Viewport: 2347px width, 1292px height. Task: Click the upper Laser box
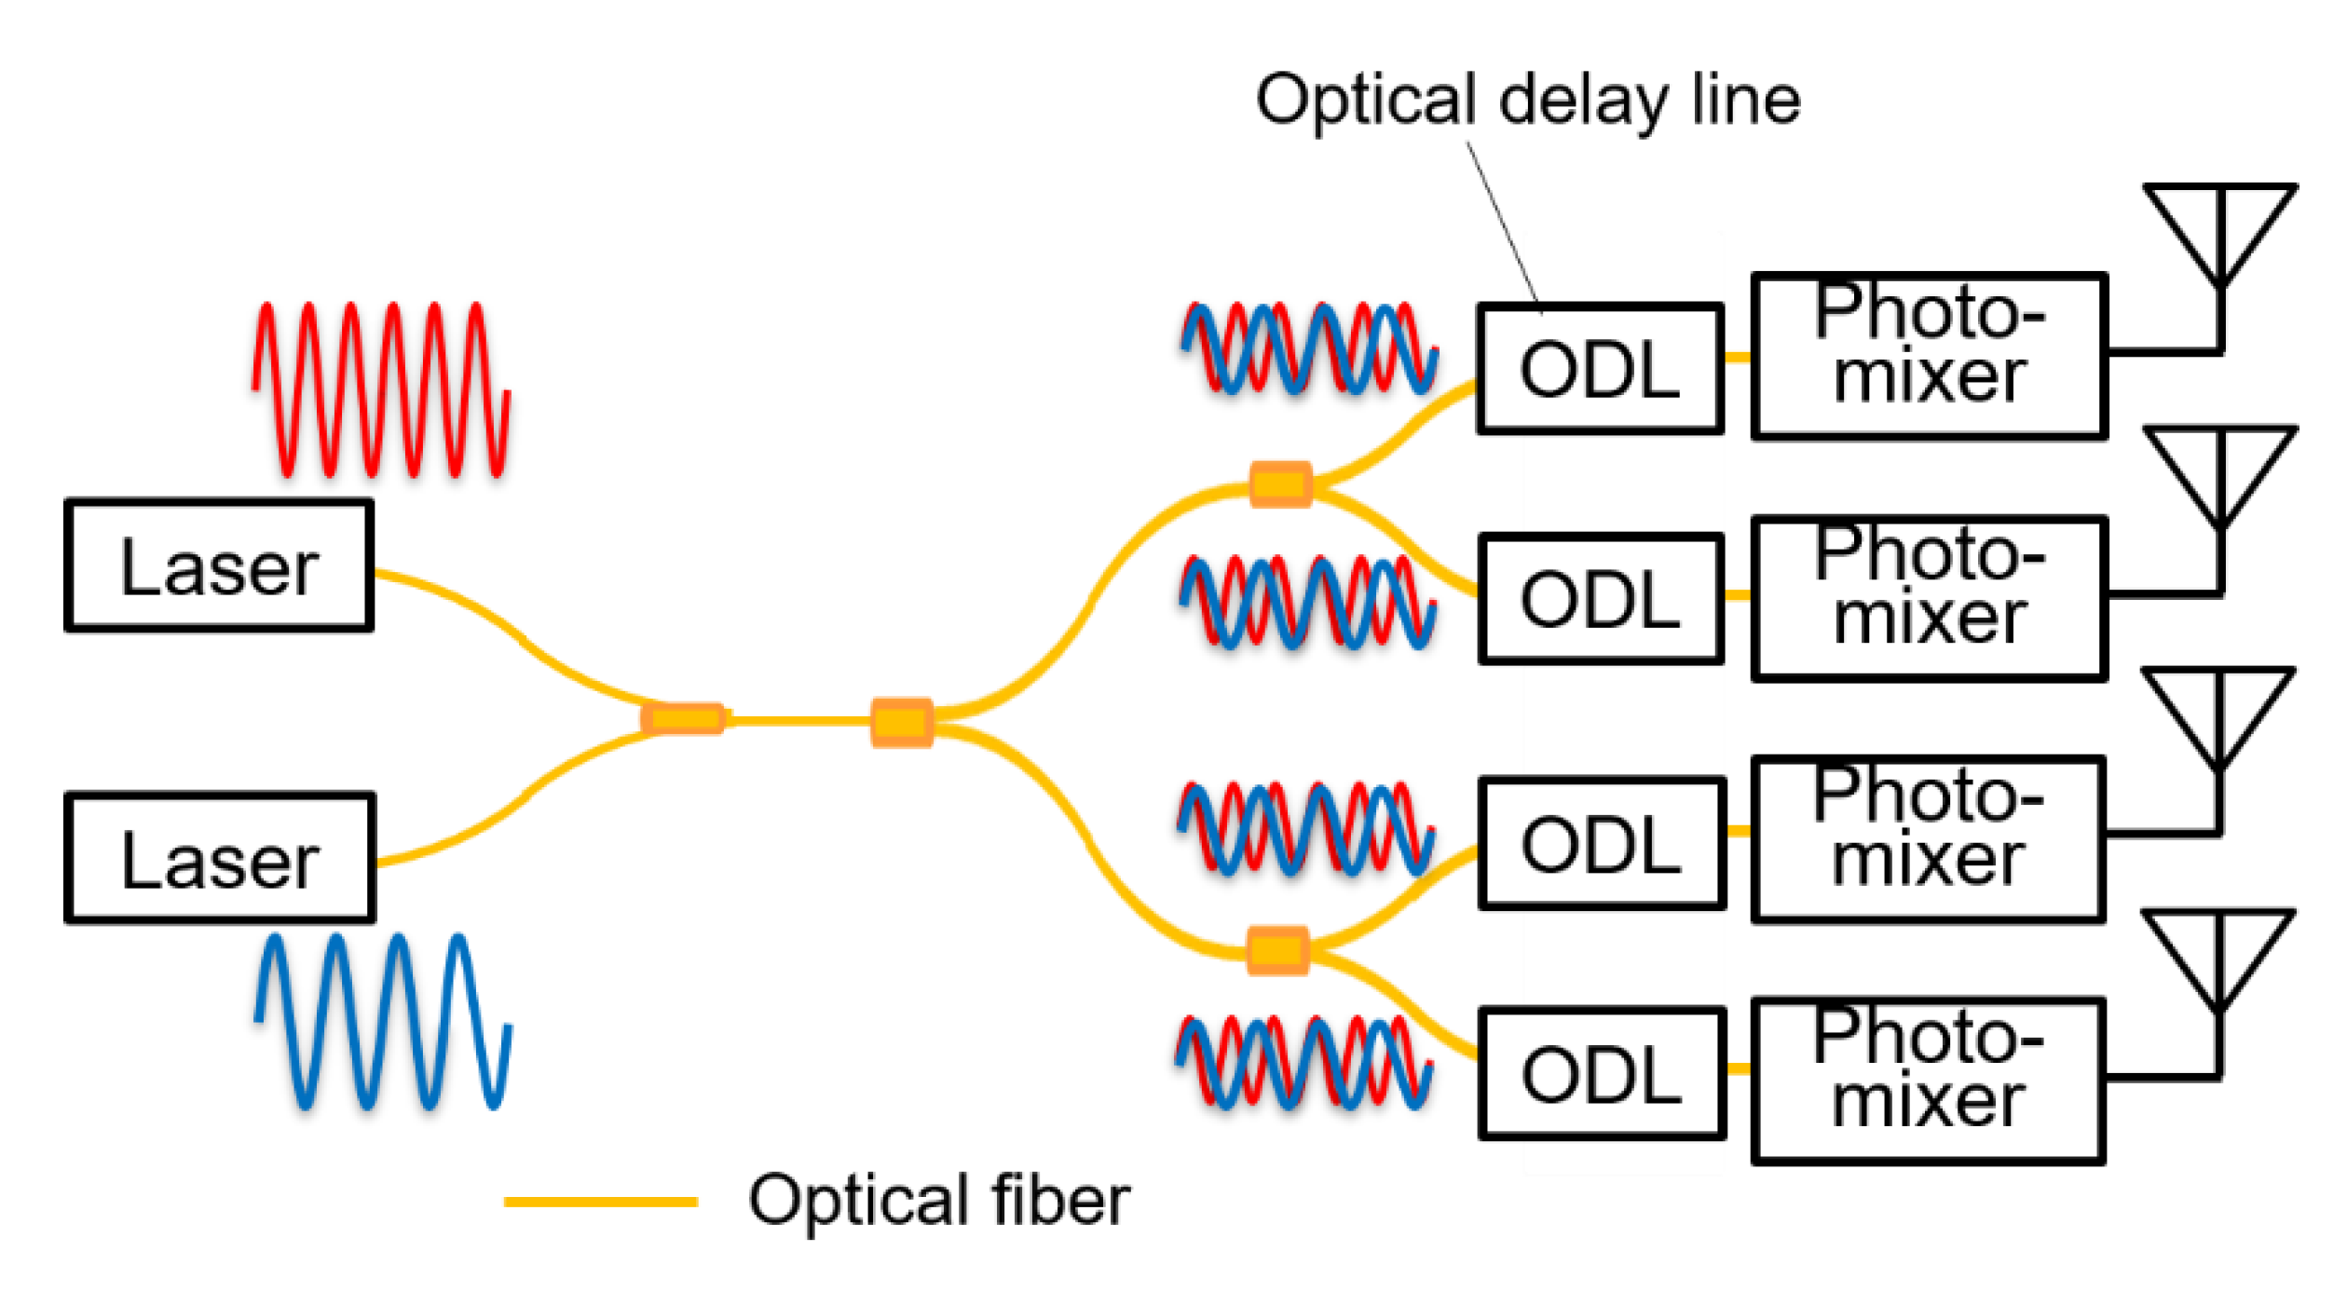[219, 565]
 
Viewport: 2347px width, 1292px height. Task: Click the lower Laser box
[220, 859]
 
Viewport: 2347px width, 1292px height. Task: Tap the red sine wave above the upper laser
[380, 389]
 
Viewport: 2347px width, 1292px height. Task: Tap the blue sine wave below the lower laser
[382, 1022]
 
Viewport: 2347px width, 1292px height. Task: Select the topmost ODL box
[1599, 369]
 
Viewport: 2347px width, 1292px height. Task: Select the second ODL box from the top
[1600, 599]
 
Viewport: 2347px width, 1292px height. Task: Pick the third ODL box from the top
[1601, 843]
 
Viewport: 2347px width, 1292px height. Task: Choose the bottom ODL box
[1601, 1074]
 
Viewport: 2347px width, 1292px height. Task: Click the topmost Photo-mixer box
[1929, 356]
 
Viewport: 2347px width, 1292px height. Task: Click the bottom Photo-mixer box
[1927, 1081]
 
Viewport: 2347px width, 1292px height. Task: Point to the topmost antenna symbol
[2220, 233]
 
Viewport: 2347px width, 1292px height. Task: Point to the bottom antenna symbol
[2218, 959]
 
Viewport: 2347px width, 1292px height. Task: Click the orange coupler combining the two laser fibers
[684, 718]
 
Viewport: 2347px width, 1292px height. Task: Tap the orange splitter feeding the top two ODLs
[1280, 484]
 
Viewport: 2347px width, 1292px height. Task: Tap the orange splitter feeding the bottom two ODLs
[1277, 950]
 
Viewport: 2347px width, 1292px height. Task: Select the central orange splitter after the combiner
[901, 722]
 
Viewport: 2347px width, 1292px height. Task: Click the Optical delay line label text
[1527, 100]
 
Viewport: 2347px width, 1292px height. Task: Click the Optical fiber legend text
[938, 1201]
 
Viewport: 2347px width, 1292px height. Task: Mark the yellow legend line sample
[600, 1202]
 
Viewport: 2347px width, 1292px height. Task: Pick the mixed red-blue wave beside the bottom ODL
[1303, 1063]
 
